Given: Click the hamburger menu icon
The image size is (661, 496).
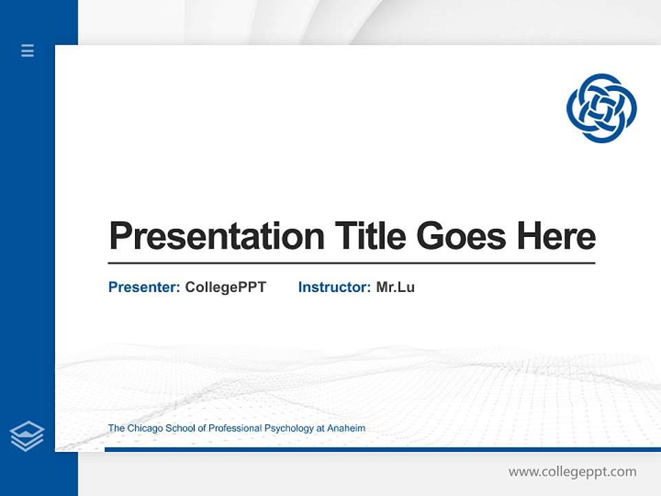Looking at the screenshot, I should click(28, 50).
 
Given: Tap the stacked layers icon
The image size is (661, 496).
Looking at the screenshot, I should click(27, 436).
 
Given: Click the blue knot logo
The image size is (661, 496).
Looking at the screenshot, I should click(601, 108).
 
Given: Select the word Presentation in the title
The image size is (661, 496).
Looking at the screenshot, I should click(216, 236).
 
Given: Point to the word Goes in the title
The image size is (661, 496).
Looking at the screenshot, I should click(462, 236).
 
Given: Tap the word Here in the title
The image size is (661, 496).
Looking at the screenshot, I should click(556, 236).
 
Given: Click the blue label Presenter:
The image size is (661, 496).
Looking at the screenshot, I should click(144, 287).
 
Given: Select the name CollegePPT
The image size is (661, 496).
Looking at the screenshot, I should click(225, 287).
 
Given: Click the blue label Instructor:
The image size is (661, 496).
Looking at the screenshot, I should click(334, 287).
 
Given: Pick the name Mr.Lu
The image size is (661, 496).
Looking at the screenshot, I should click(395, 287).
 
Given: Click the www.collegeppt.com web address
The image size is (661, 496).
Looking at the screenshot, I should click(572, 472).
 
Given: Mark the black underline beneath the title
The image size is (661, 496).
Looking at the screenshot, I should click(351, 263).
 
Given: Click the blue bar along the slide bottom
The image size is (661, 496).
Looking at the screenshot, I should click(382, 449).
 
